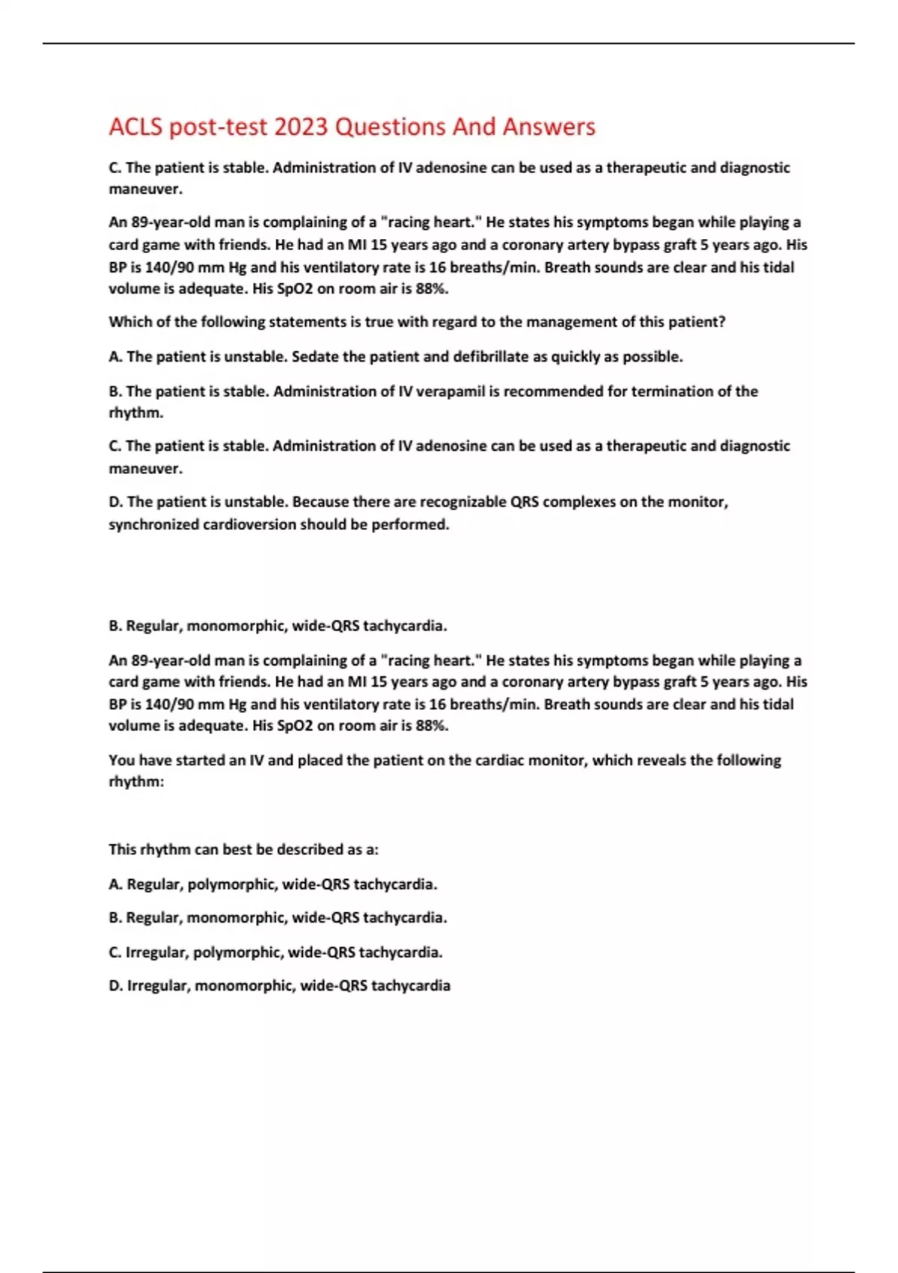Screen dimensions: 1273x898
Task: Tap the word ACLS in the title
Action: point(135,127)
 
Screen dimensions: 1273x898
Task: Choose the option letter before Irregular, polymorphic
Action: point(115,952)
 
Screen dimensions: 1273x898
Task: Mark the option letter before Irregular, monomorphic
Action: point(116,985)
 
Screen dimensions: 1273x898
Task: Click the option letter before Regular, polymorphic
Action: point(116,884)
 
